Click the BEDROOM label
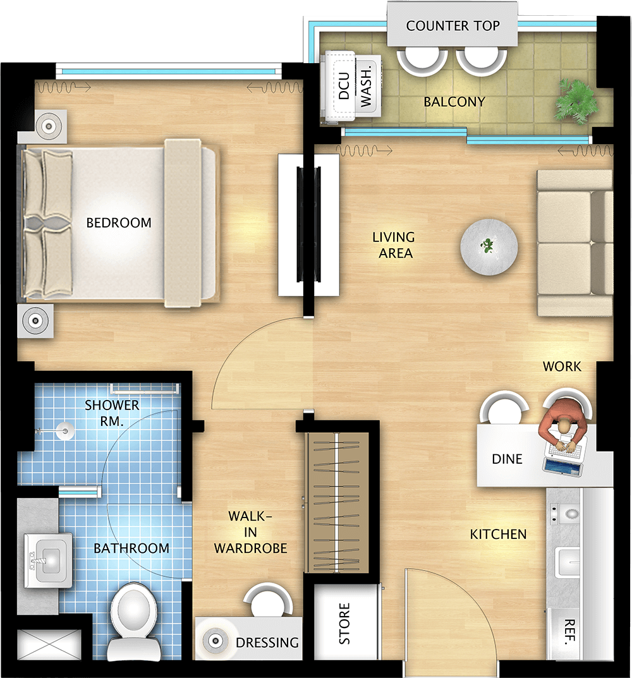click(x=119, y=222)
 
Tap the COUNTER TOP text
click(x=453, y=26)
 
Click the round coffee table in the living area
click(x=489, y=247)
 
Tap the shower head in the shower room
click(x=65, y=431)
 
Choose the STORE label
click(x=344, y=624)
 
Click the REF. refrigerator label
click(x=569, y=632)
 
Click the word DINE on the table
click(x=507, y=459)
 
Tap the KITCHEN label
click(x=499, y=535)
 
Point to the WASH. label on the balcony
click(x=366, y=87)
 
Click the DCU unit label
click(x=344, y=86)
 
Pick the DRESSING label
click(x=267, y=643)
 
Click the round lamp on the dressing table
click(x=216, y=640)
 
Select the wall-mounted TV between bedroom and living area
click(x=308, y=224)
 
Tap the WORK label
click(x=562, y=366)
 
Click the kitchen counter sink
click(x=568, y=562)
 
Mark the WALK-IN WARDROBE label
click(x=250, y=532)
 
